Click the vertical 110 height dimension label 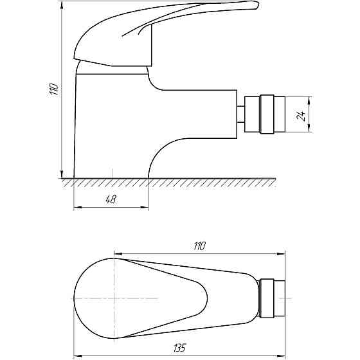pyautogui.click(x=53, y=89)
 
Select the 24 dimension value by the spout pyautogui.click(x=301, y=116)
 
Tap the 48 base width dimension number pyautogui.click(x=111, y=199)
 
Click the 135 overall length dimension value pyautogui.click(x=179, y=348)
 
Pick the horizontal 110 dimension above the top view pyautogui.click(x=199, y=246)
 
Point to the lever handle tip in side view pyautogui.click(x=257, y=5)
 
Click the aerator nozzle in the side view pyautogui.click(x=265, y=114)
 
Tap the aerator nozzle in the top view pyautogui.click(x=271, y=298)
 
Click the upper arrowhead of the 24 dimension pyautogui.click(x=309, y=100)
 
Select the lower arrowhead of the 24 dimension pyautogui.click(x=309, y=129)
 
